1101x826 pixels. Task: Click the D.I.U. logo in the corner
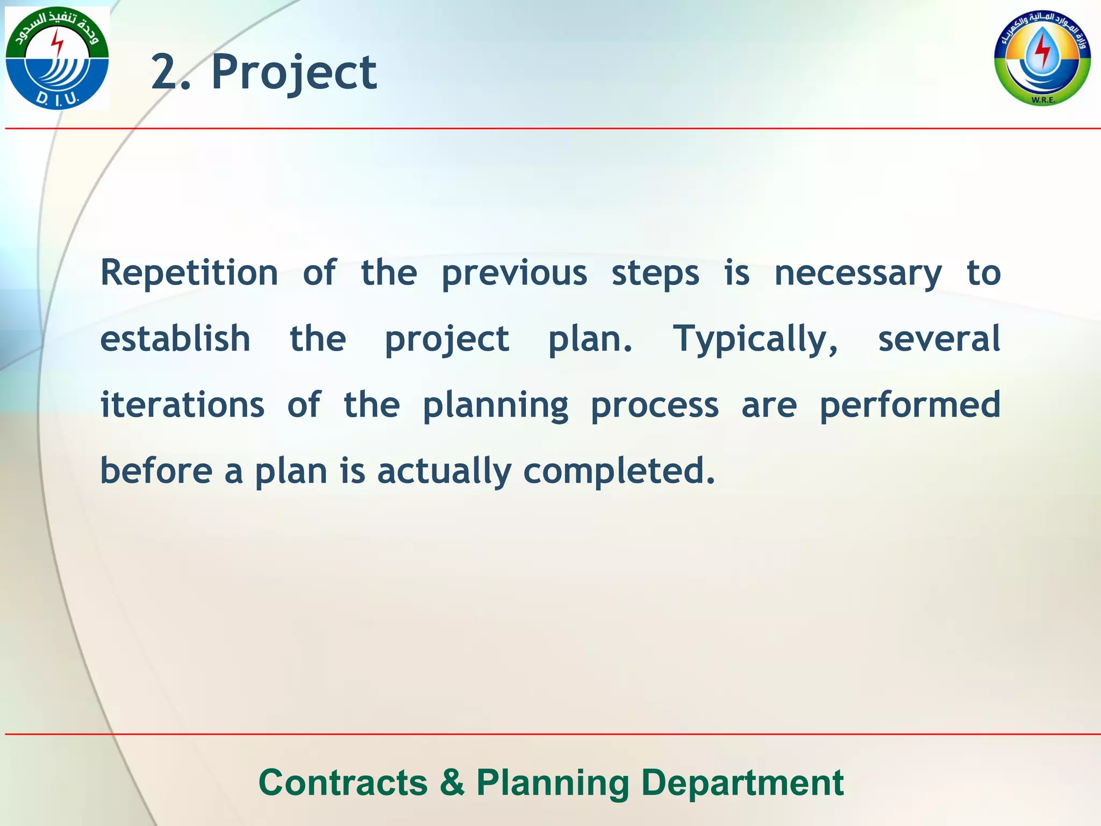pos(57,58)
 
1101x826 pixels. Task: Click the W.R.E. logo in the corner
pos(1042,58)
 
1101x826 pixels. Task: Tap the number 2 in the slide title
pos(164,73)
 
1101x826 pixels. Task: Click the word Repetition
pos(189,273)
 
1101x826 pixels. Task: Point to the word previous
pos(514,273)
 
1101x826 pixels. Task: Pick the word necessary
pos(858,273)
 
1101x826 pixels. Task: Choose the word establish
pos(175,339)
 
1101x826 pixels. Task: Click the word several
pos(939,339)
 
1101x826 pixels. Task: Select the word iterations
pos(183,404)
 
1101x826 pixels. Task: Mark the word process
pos(654,404)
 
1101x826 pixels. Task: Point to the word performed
pos(910,404)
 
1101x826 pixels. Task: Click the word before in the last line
pos(156,471)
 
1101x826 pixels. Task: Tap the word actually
pos(444,471)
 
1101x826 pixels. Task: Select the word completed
pos(619,471)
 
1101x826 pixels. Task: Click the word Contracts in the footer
pos(343,782)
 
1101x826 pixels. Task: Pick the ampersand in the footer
pos(452,782)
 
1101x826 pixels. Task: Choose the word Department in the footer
pos(742,782)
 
